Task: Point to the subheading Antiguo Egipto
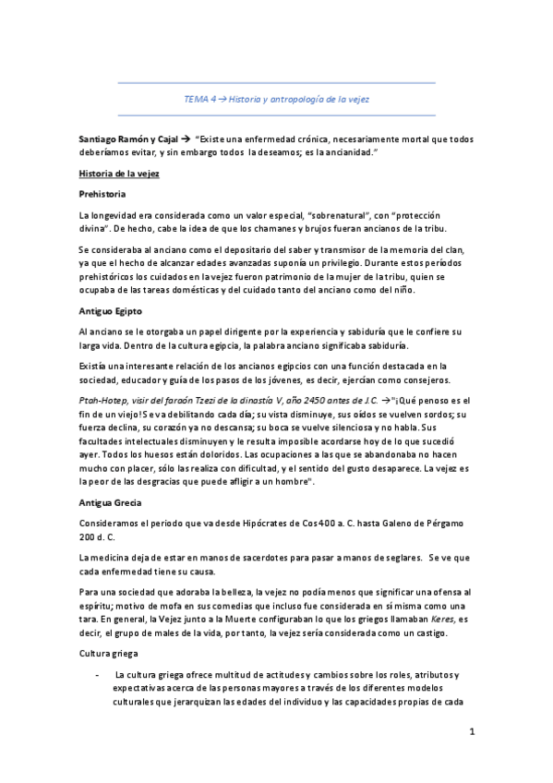click(111, 310)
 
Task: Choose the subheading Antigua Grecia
click(113, 503)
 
